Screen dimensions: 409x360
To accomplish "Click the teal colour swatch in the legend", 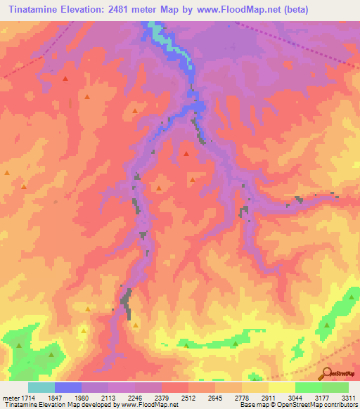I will click(x=41, y=387).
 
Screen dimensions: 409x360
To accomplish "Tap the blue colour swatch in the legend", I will click(x=68, y=387).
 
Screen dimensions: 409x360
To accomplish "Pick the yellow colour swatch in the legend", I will click(x=282, y=387).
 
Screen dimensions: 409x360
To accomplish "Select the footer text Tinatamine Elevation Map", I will click(x=42, y=405).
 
